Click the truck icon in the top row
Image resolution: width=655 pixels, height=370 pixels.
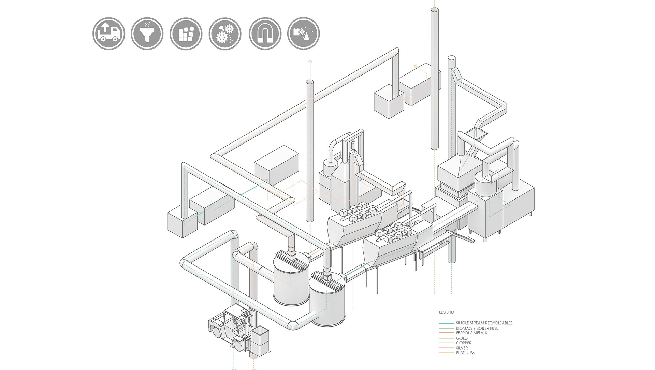(109, 34)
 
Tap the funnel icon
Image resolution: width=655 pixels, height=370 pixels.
(147, 34)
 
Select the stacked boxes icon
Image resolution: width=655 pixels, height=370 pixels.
(186, 34)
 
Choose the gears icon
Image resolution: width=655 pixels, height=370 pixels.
(225, 34)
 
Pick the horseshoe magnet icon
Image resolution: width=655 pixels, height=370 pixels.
(265, 34)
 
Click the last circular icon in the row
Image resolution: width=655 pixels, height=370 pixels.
(304, 34)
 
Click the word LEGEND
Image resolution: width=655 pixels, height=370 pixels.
(447, 312)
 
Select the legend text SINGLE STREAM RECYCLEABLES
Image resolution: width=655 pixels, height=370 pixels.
(484, 323)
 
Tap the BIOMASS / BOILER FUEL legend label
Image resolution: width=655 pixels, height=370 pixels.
(477, 328)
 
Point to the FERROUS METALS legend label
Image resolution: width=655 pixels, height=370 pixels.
(471, 333)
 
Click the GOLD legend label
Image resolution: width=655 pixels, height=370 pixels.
(462, 338)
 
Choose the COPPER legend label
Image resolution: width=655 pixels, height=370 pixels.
(464, 343)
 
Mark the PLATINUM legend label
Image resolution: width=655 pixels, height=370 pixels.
(465, 353)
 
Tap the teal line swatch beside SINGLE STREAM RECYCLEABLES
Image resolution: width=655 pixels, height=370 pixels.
(446, 323)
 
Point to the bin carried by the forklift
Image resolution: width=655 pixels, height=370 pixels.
(261, 341)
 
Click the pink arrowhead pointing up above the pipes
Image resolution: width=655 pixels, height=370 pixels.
(310, 61)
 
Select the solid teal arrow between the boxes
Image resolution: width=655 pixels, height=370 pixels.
(254, 188)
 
